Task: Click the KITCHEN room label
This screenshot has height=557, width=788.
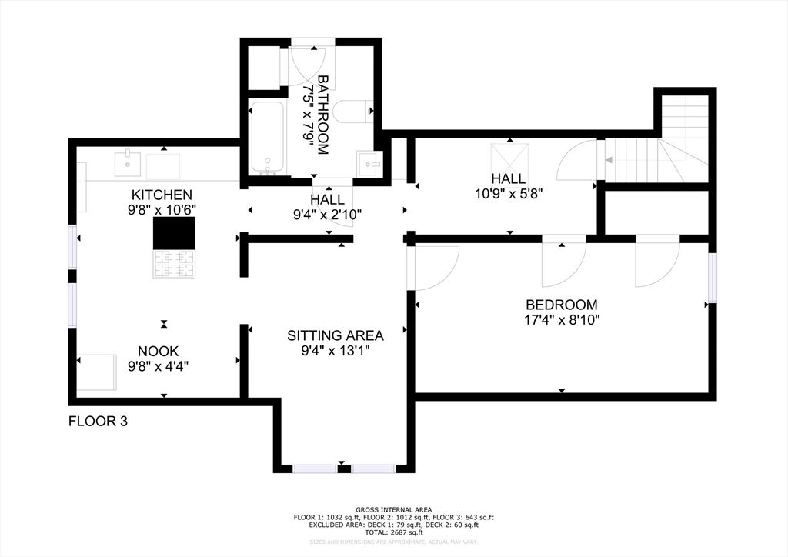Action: [x=161, y=195]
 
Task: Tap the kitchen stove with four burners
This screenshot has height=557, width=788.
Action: [x=174, y=264]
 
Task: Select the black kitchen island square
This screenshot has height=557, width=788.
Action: [x=174, y=233]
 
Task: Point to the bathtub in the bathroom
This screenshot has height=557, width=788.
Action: [x=267, y=138]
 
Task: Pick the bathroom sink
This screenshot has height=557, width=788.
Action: [x=369, y=163]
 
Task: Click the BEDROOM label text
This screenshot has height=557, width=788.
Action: [x=561, y=305]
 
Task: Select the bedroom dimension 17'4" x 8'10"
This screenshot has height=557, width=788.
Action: [x=561, y=319]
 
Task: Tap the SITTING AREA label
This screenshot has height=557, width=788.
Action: [x=336, y=335]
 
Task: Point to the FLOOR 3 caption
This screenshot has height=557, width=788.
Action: [x=98, y=421]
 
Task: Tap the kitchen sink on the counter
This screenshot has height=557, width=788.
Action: [x=128, y=164]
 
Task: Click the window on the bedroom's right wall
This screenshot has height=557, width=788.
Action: [x=713, y=278]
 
